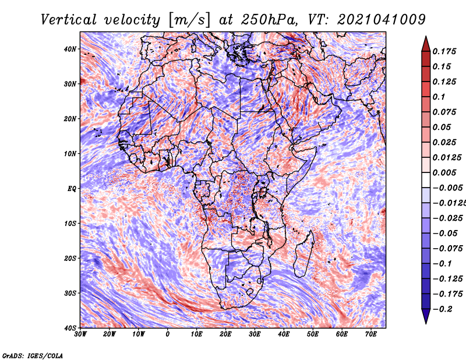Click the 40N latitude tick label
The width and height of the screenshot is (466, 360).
[70, 49]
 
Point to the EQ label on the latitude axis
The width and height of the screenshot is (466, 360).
[72, 189]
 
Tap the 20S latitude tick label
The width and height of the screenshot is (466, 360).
[70, 258]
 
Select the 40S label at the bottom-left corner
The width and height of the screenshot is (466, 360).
[70, 328]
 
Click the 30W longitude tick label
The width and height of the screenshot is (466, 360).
[80, 334]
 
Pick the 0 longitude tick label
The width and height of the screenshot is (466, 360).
[168, 334]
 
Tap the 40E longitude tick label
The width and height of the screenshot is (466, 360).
[284, 334]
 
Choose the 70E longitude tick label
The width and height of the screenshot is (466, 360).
[371, 334]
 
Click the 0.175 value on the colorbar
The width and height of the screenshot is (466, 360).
[444, 51]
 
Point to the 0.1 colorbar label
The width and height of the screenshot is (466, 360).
[439, 97]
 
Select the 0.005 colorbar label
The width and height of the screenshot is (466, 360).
[444, 172]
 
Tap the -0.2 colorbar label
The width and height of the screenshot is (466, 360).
[443, 309]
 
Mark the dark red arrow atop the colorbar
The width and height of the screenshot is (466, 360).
[426, 44]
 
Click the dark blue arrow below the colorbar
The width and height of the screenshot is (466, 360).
[426, 316]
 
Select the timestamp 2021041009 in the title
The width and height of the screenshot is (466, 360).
[382, 20]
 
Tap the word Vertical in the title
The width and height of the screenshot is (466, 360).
[69, 20]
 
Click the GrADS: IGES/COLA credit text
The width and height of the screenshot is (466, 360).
[33, 355]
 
